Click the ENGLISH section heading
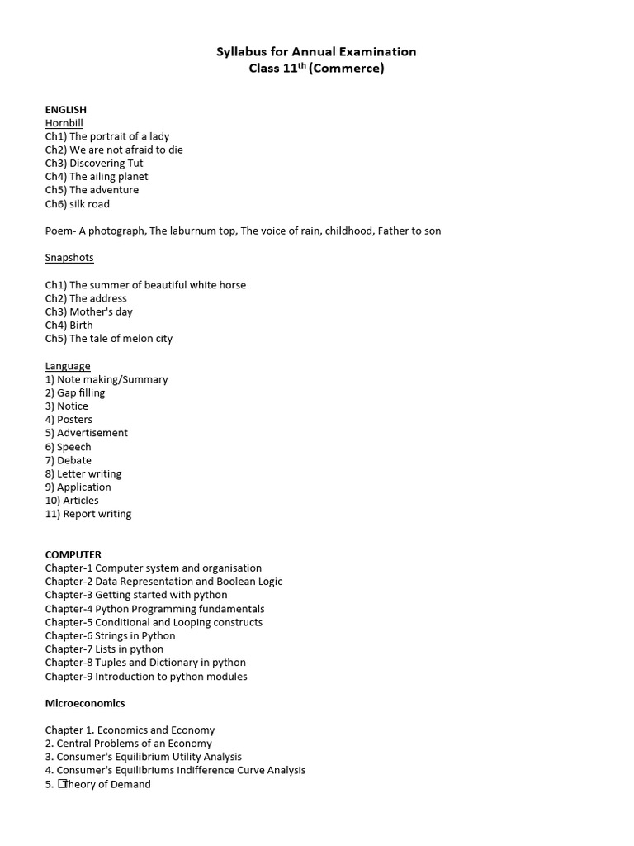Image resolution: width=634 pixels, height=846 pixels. click(65, 109)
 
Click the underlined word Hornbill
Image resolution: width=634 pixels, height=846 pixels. click(64, 123)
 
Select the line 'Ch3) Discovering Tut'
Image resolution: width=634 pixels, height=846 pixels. click(94, 164)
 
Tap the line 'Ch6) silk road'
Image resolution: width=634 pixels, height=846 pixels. click(78, 204)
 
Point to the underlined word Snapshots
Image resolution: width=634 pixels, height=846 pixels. click(69, 258)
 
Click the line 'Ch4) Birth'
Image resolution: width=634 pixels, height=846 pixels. click(69, 326)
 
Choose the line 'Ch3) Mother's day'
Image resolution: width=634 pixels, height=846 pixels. click(89, 312)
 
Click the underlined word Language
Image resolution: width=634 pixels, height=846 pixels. click(68, 366)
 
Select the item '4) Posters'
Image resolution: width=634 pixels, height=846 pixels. click(69, 420)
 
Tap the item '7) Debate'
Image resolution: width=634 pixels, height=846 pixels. click(69, 460)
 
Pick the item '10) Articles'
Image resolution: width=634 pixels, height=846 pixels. click(72, 501)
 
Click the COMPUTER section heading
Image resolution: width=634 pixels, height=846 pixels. click(73, 554)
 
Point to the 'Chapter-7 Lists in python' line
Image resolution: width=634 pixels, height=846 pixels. click(105, 649)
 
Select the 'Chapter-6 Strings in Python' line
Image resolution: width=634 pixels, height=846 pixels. click(111, 636)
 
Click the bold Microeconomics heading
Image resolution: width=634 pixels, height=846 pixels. click(85, 704)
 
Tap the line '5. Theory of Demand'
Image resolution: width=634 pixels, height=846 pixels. click(98, 785)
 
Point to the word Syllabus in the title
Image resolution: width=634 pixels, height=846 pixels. click(239, 52)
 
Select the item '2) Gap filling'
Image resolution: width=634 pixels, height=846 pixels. click(75, 393)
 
